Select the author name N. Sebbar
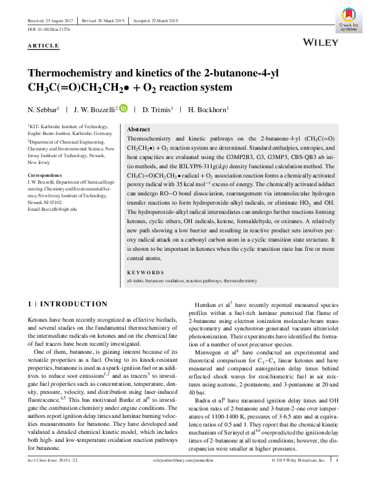coord(43,110)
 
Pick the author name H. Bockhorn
coord(208,110)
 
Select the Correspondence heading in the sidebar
coord(47,174)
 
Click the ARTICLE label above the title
coord(43,46)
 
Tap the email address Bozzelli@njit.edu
coord(52,210)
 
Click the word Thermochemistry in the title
coord(74,73)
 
